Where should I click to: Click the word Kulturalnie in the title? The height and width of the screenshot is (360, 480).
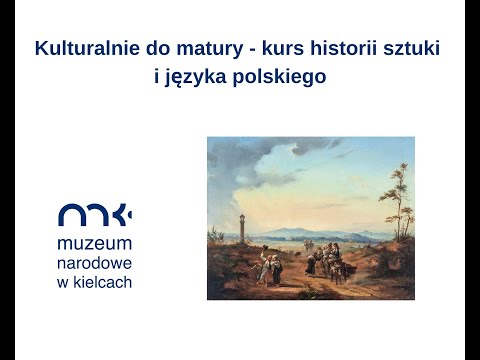[82, 48]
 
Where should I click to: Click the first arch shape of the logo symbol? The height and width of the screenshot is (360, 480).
[71, 215]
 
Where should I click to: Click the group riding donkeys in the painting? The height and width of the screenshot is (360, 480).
[325, 262]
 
